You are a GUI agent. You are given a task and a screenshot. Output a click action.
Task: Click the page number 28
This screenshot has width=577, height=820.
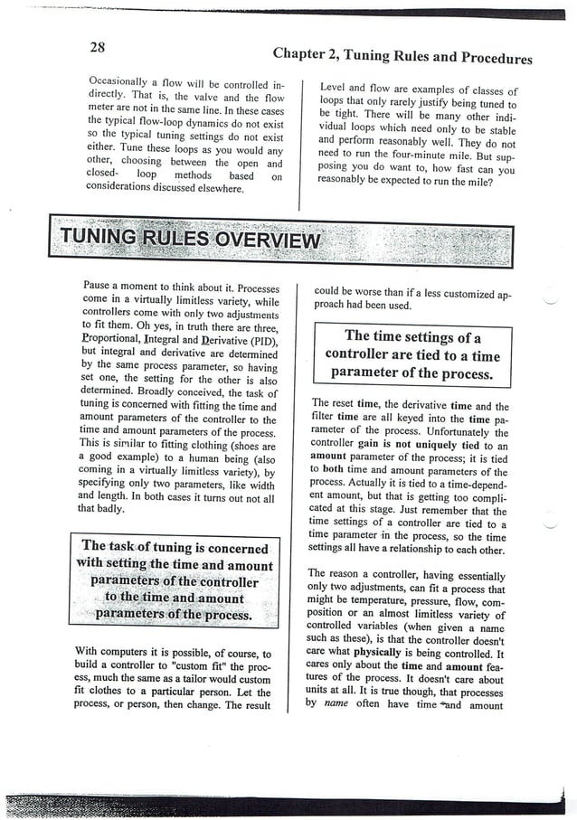[x=99, y=47]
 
